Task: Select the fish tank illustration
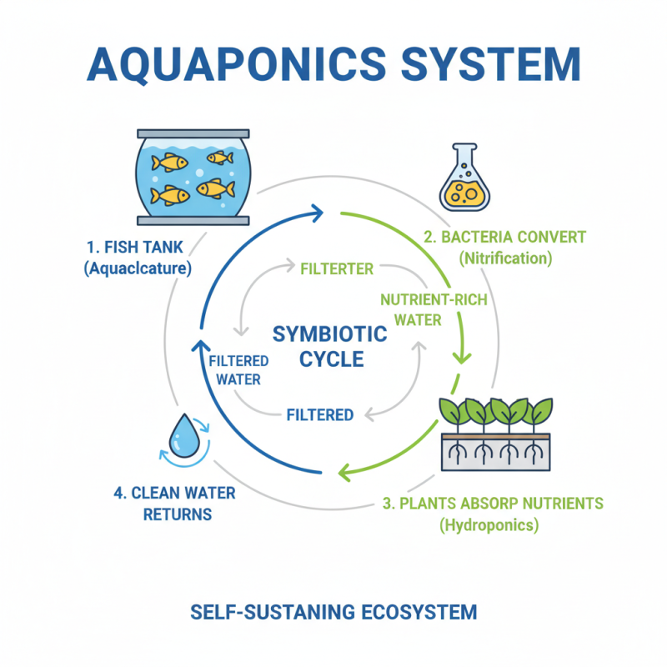193,178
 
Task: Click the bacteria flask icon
464,182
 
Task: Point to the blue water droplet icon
181,434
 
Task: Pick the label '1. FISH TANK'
136,247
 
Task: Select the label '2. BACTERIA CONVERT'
504,237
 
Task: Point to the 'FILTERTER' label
337,269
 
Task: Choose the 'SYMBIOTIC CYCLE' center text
330,347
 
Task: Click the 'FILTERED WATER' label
238,370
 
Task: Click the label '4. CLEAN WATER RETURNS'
174,503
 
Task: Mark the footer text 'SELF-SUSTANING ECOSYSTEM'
333,612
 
